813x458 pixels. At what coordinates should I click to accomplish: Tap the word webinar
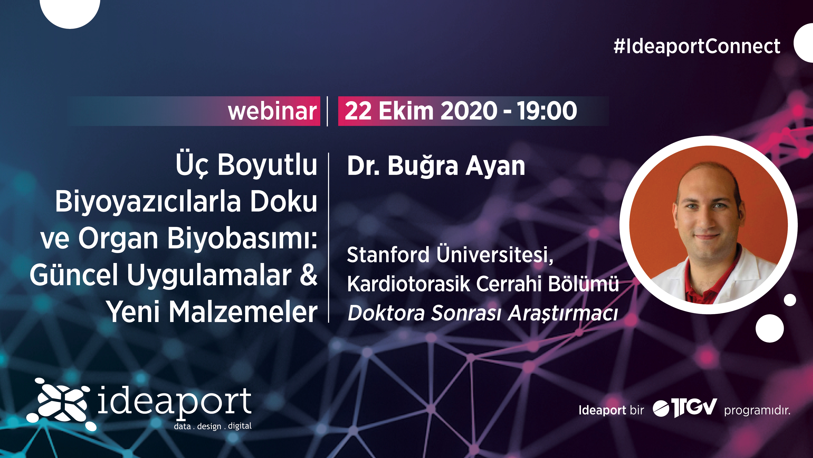[272, 111]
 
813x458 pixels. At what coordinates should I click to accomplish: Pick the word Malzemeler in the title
[243, 312]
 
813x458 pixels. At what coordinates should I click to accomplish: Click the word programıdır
[757, 411]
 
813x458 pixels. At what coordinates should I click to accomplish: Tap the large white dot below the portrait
[770, 328]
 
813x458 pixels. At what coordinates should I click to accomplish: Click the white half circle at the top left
[70, 13]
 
